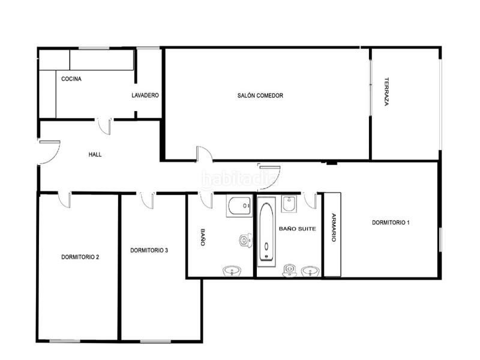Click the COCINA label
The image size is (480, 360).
71,79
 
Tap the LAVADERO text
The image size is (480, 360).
145,95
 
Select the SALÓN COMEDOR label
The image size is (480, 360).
260,95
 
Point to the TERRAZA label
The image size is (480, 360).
387,92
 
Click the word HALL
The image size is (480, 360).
95,154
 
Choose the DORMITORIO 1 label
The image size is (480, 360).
391,223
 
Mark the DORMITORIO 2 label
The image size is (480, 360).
80,257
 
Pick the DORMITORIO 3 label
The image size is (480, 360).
149,250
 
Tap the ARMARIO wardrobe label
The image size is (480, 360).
333,228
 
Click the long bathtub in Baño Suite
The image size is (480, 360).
266,231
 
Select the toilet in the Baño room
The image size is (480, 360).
245,241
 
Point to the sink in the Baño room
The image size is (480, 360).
231,271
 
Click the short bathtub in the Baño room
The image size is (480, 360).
239,206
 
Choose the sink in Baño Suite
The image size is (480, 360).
310,271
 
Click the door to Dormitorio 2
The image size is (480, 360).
64,200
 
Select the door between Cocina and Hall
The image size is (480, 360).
104,126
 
